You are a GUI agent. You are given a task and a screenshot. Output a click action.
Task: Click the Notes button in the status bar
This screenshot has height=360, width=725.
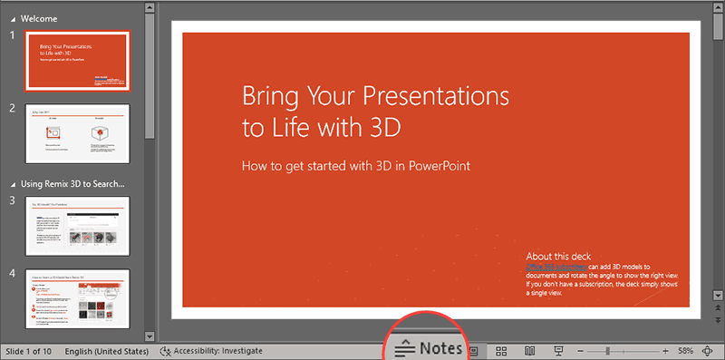(430, 348)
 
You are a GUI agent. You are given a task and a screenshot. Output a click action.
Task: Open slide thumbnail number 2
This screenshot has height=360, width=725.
(82, 134)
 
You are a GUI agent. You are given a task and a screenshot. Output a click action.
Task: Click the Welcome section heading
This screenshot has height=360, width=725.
(39, 17)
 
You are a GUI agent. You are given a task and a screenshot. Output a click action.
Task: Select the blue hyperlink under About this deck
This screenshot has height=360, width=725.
(556, 268)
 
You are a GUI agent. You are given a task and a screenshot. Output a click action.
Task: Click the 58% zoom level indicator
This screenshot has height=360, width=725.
(685, 350)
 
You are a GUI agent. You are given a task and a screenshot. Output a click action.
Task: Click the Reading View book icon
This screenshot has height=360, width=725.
(530, 350)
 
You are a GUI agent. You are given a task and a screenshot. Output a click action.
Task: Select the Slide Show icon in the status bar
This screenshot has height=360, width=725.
(559, 350)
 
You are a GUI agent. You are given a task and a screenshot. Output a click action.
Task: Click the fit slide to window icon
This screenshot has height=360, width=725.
(707, 350)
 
